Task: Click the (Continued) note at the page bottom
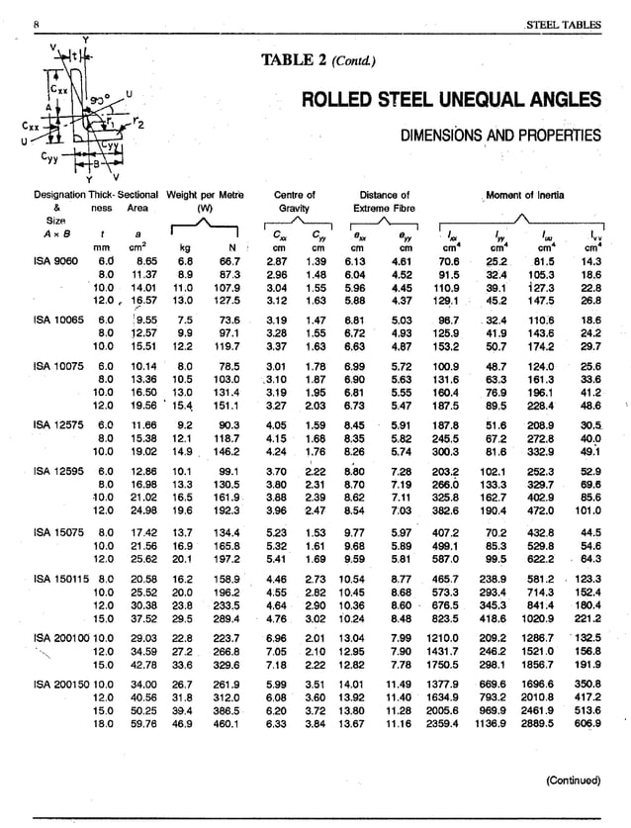(x=575, y=781)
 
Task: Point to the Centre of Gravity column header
(x=294, y=202)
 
